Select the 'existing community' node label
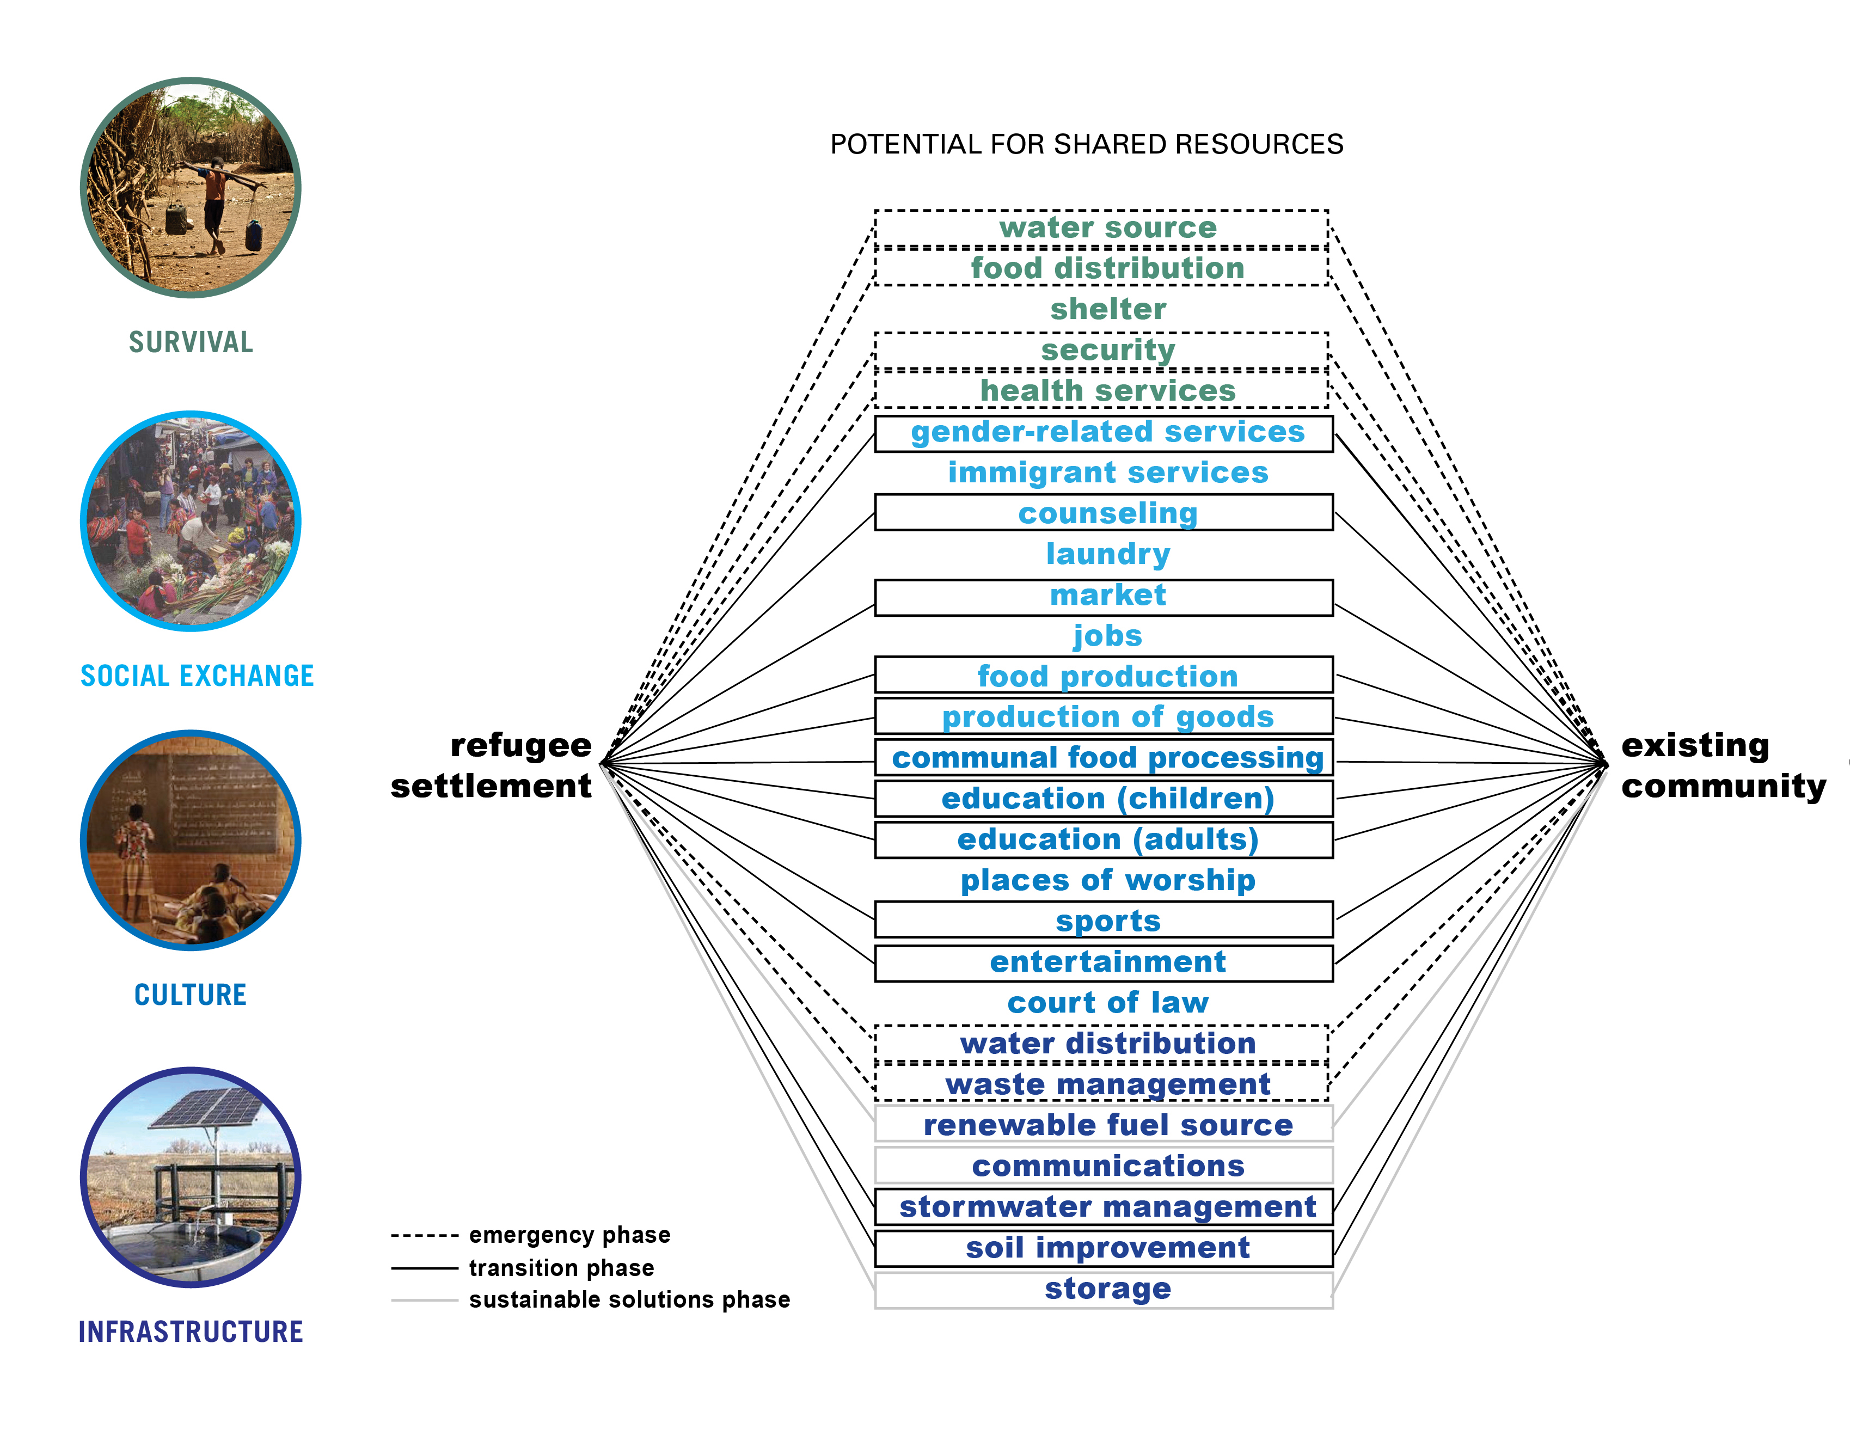[1721, 765]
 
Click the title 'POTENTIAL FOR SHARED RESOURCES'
[1087, 144]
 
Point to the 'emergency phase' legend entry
[569, 1235]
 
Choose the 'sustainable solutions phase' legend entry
[629, 1300]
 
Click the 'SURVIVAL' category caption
[191, 342]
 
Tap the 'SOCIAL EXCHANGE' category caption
[197, 676]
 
